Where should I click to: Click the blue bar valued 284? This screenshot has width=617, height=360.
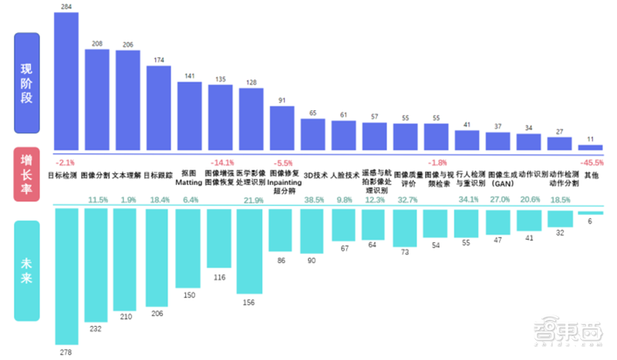point(66,82)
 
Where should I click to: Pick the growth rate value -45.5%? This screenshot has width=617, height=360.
point(591,163)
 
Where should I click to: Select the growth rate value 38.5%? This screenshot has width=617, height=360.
point(314,200)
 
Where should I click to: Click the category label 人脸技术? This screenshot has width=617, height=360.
point(345,175)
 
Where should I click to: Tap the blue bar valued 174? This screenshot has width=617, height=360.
point(159,108)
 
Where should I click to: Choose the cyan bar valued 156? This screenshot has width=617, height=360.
point(251,251)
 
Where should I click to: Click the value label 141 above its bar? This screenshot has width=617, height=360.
point(190,76)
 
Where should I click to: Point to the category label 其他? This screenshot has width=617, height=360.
point(592,175)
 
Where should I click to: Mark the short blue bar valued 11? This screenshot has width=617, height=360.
point(590,147)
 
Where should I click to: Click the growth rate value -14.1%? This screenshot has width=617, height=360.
point(221,163)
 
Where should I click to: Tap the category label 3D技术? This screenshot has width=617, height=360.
point(314,175)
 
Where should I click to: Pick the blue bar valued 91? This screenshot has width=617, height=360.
point(282,128)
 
